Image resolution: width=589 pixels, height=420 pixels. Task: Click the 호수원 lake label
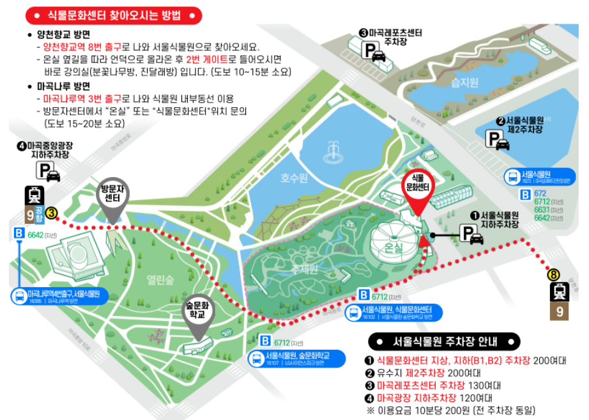(294, 177)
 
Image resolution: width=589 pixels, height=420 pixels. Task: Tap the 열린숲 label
(160, 279)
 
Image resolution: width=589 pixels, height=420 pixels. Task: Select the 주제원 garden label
(304, 269)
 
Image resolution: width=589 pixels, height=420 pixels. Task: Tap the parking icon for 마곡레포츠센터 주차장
(375, 51)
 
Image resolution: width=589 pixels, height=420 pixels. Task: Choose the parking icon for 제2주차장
(498, 140)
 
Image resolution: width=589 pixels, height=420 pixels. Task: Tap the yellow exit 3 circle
(51, 213)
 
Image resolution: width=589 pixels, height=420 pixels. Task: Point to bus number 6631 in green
(540, 210)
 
